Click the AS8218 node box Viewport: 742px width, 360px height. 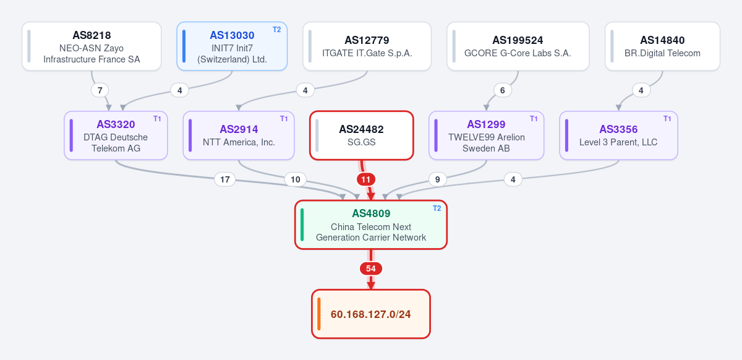click(92, 46)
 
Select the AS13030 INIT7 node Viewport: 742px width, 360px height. click(232, 46)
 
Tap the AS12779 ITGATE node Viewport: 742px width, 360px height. click(367, 46)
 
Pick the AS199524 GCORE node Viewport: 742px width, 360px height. click(518, 46)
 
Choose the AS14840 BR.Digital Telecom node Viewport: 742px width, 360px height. click(662, 46)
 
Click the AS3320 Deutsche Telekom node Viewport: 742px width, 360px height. click(116, 135)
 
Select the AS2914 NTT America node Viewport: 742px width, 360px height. click(239, 135)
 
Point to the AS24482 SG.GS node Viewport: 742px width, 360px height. click(362, 135)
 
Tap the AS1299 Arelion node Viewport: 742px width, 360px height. click(486, 135)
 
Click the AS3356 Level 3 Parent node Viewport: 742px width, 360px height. click(619, 135)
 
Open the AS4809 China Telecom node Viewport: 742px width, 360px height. click(371, 225)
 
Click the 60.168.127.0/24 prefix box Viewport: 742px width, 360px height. click(371, 314)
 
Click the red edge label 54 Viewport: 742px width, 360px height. click(371, 268)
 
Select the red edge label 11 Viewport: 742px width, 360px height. click(366, 179)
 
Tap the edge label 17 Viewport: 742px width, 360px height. click(225, 179)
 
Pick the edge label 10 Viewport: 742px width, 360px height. click(296, 179)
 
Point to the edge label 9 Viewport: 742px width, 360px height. click(438, 179)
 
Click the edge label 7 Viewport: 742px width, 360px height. click(100, 90)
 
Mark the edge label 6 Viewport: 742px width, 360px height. click(503, 90)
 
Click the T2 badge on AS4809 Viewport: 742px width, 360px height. click(437, 208)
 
